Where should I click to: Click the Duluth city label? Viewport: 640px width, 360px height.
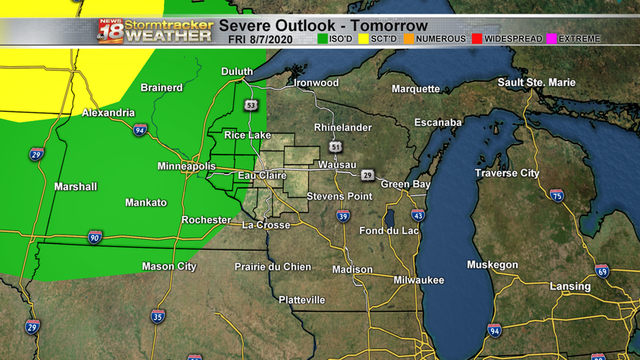pos(237,71)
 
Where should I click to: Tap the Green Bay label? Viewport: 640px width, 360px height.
pos(405,184)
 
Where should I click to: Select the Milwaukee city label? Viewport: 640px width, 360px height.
pos(418,280)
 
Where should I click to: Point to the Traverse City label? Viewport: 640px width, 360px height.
pos(507,174)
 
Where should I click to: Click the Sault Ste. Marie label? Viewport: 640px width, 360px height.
pos(536,83)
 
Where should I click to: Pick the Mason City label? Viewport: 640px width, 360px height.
pos(168,266)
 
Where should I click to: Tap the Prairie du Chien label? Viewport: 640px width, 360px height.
pos(273,267)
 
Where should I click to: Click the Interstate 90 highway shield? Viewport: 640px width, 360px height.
pos(94,237)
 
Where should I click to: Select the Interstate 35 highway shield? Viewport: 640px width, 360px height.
pos(158,316)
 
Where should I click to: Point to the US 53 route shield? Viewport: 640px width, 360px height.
pos(251,105)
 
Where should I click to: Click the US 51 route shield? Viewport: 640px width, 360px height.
pos(336,147)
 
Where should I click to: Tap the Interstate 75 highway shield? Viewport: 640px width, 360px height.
pos(556,195)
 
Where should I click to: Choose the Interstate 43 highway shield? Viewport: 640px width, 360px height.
pos(418,215)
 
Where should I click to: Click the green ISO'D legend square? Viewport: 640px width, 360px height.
pos(323,39)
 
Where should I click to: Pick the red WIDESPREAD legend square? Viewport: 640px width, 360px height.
pos(476,39)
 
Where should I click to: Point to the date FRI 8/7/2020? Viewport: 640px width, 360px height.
pos(260,40)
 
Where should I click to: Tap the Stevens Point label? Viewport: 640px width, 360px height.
pos(339,197)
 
